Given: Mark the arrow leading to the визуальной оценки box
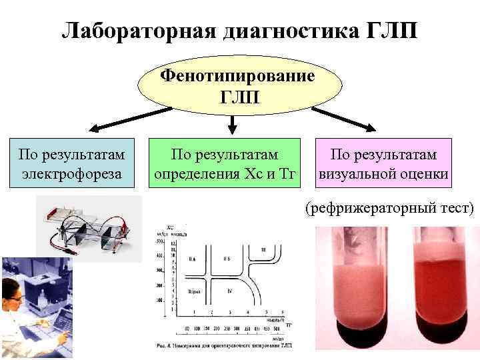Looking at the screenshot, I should pyautogui.click(x=347, y=120).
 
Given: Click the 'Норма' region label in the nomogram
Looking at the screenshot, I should pyautogui.click(x=195, y=292).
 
